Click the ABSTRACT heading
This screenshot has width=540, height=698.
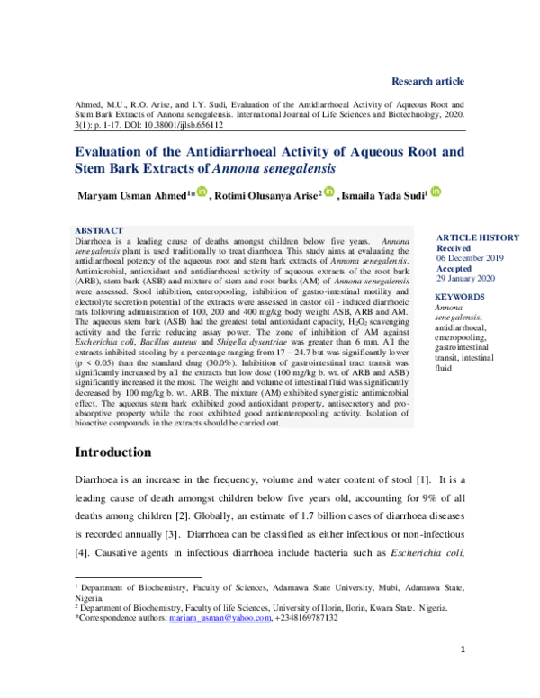tap(99, 231)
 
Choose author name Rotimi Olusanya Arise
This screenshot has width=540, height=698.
tap(266, 196)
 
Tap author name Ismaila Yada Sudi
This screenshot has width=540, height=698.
tap(383, 196)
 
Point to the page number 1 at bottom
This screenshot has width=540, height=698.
tap(462, 649)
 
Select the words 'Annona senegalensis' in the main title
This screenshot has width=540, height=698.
tap(274, 167)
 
